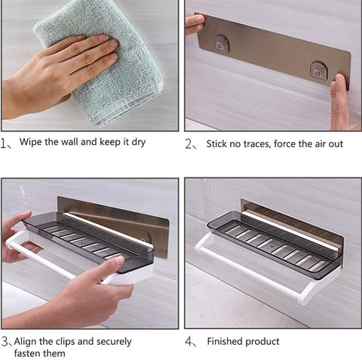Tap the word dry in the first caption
pyautogui.click(x=139, y=143)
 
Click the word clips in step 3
pyautogui.click(x=65, y=342)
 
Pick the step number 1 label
pyautogui.click(x=3, y=143)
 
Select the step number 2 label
pyautogui.click(x=189, y=144)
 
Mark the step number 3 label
pyautogui.click(x=5, y=342)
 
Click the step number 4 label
pyautogui.click(x=189, y=342)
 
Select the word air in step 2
pyautogui.click(x=318, y=144)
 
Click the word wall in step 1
pyautogui.click(x=69, y=142)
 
